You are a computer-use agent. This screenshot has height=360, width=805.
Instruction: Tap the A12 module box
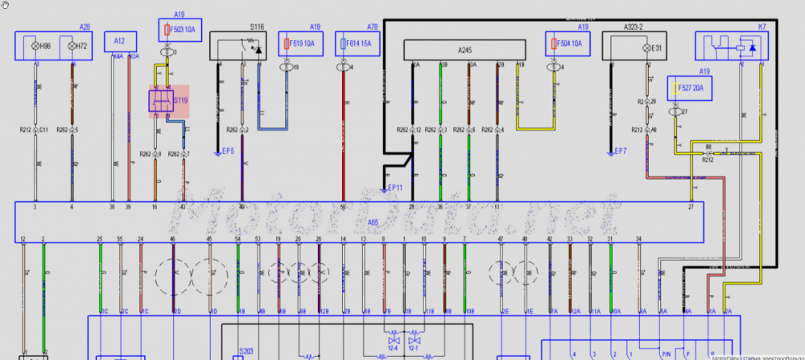[120, 41]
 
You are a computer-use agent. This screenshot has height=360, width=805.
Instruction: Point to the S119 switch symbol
[167, 101]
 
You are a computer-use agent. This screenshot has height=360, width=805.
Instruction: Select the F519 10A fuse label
[299, 42]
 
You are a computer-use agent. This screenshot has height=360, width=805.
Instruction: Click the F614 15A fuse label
[357, 42]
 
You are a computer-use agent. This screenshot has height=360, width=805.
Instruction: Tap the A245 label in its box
[465, 50]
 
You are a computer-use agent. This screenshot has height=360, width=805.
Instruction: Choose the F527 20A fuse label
[690, 86]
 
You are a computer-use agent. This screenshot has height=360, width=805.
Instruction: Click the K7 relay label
[762, 27]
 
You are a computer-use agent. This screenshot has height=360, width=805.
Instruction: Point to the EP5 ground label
[227, 151]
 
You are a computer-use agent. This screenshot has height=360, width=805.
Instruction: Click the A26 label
[85, 27]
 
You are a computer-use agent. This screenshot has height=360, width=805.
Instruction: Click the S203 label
[246, 352]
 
